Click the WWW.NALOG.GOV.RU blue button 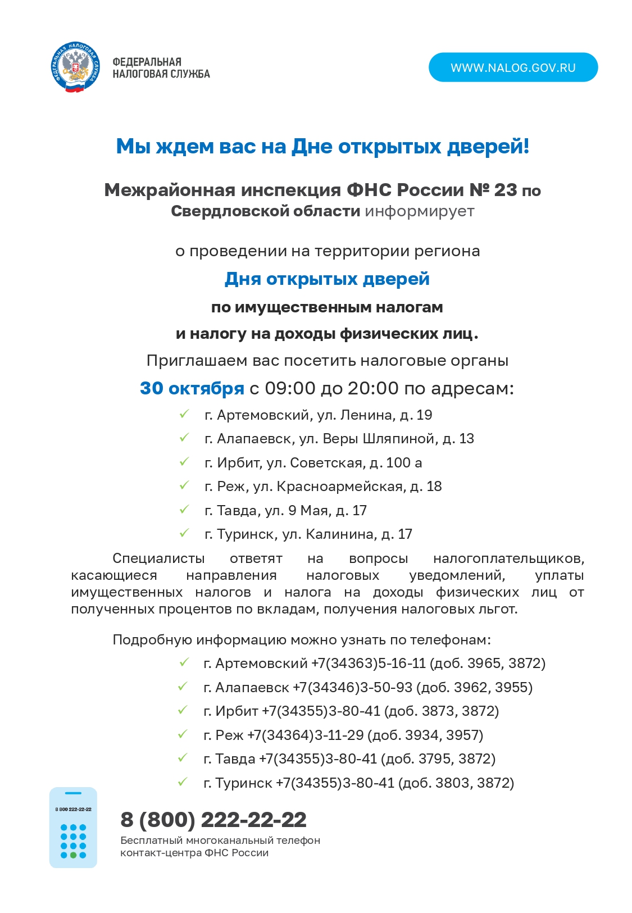[513, 67]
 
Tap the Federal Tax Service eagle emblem [76, 67]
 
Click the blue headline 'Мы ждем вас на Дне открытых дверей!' [322, 147]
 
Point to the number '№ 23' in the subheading [493, 190]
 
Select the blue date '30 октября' [192, 388]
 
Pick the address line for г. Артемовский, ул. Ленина [318, 415]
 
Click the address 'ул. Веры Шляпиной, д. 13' [387, 439]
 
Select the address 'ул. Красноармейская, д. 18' [347, 487]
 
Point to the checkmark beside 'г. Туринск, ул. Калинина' [184, 533]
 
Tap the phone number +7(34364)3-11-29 [307, 735]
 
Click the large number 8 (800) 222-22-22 [213, 820]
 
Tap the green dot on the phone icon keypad [73, 855]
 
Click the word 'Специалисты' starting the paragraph [158, 558]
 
